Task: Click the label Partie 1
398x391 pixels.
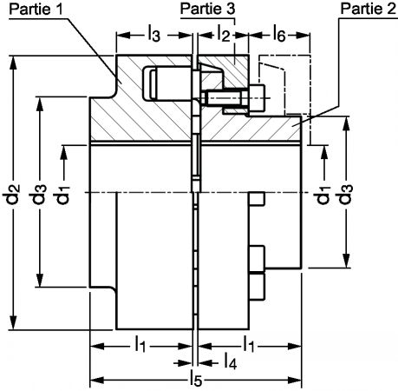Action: tap(36, 9)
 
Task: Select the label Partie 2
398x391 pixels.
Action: tap(368, 9)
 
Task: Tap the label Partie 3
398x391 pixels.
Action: tap(207, 9)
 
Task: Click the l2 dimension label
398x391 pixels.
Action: tap(223, 33)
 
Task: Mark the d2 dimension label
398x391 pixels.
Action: tap(12, 194)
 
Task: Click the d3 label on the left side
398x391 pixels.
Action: tap(38, 194)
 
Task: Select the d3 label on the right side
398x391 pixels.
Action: tap(345, 194)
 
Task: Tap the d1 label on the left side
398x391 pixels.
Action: tap(62, 195)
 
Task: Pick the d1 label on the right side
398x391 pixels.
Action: tap(323, 195)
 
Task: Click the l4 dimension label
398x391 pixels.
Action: tap(231, 361)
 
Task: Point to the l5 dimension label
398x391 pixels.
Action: tap(196, 379)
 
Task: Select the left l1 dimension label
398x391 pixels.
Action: tap(140, 344)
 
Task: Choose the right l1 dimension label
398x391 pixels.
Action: tap(249, 344)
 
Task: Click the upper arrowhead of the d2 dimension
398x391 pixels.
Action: tap(12, 63)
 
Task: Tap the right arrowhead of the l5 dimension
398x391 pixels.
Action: tap(295, 380)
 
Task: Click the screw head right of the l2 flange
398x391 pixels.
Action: tap(257, 98)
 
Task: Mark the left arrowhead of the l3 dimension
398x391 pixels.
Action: tap(123, 36)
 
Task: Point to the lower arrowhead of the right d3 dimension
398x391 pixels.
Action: tap(346, 261)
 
